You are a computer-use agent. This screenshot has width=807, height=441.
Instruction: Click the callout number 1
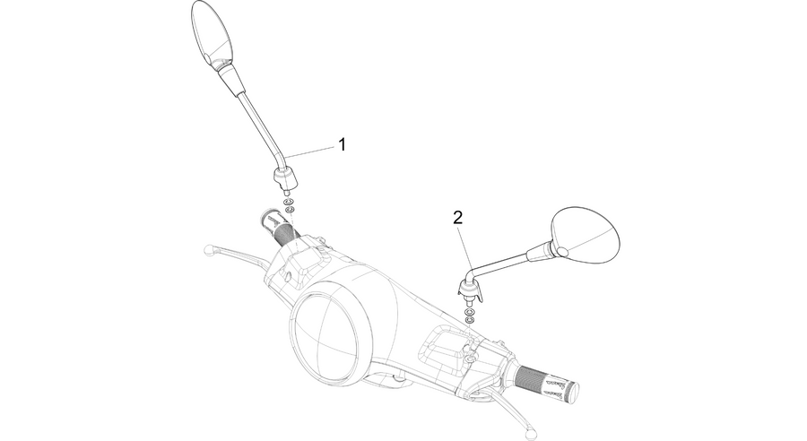(343, 144)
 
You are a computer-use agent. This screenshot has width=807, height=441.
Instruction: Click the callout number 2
(457, 218)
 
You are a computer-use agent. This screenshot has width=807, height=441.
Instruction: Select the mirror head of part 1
(212, 33)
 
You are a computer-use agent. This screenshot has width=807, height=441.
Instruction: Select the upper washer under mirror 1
(289, 201)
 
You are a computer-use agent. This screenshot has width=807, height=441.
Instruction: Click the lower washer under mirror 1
(291, 209)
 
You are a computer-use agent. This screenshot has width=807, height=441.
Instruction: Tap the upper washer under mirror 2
(469, 312)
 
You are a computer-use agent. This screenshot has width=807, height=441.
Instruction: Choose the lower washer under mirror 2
(469, 320)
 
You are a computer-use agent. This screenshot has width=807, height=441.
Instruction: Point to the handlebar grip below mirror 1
(281, 228)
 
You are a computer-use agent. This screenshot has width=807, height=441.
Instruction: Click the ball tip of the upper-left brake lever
(208, 249)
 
